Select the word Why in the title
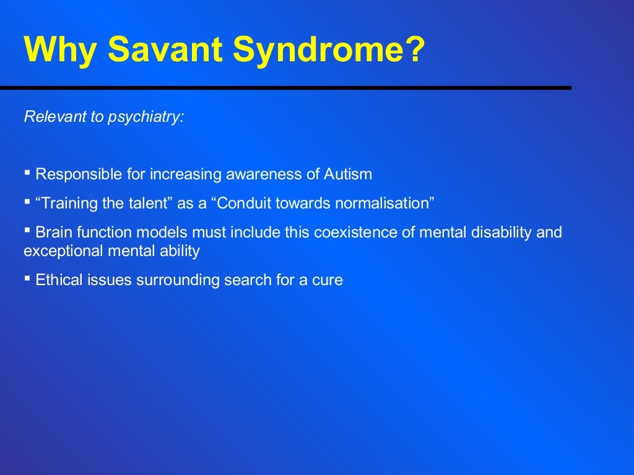[60, 51]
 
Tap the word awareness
[256, 174]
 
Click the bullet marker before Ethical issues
[27, 279]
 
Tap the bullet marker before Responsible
[27, 173]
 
